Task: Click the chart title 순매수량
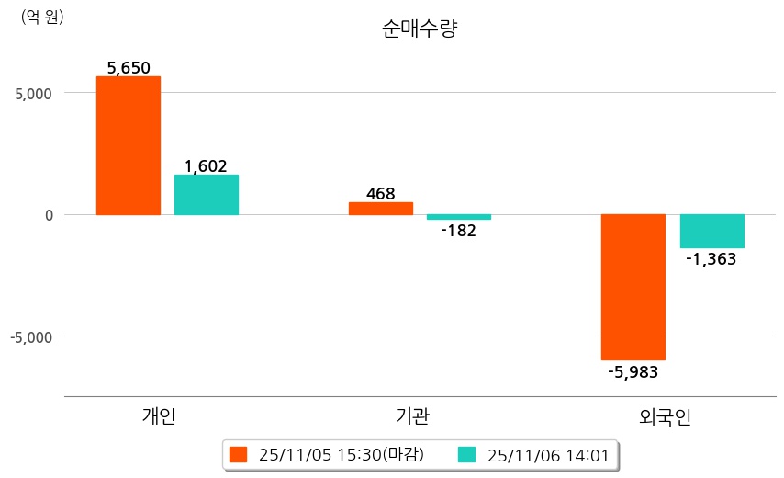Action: coord(419,28)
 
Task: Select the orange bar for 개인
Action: coord(129,145)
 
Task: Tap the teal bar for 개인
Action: coord(207,195)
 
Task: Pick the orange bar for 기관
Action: coord(381,209)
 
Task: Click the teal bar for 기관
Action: coord(459,217)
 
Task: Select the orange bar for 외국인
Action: coord(633,287)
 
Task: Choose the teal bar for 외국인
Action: coord(711,231)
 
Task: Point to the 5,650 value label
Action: coord(129,67)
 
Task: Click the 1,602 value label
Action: coord(206,166)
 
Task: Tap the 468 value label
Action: coord(380,194)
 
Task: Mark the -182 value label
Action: coord(458,231)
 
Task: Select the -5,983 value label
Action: coord(633,371)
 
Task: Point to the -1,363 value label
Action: coord(711,259)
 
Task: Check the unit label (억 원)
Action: coord(42,16)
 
